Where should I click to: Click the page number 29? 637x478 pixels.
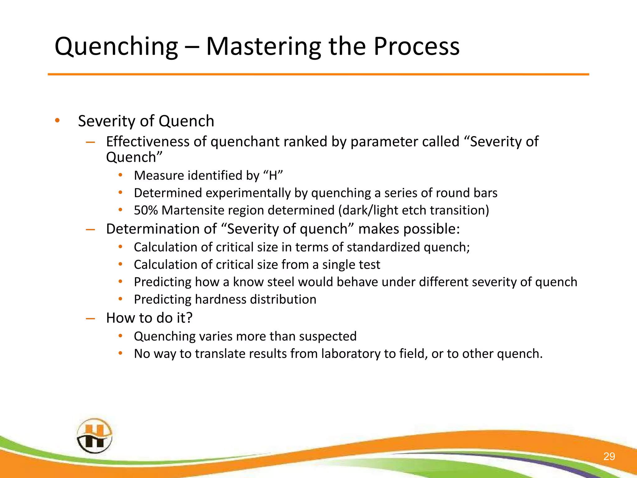tap(609, 456)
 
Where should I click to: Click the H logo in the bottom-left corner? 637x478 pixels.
tap(94, 436)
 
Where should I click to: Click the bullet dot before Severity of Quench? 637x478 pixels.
tap(57, 121)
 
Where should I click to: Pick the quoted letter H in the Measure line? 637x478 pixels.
tap(273, 176)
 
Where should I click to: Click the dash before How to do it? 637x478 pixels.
tap(90, 318)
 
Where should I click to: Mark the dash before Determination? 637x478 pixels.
tap(90, 230)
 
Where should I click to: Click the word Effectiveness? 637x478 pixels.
tap(147, 142)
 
